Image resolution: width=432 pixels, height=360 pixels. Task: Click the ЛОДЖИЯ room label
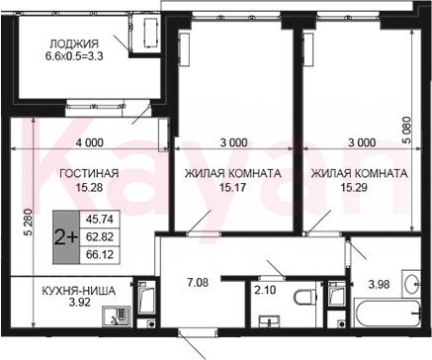coord(74,44)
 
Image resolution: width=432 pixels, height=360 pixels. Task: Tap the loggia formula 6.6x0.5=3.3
coord(74,56)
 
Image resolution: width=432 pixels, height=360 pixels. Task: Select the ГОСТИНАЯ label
coord(89,173)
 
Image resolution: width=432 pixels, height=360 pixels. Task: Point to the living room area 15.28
coord(89,188)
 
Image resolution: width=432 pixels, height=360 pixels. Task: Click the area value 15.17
coord(232,188)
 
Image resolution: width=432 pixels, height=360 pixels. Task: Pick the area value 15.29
coord(354,188)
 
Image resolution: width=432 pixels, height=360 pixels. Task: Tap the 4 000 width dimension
coord(89,142)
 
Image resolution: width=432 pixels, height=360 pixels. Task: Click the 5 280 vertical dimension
coord(30,222)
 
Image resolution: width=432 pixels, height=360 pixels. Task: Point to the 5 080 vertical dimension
coord(407,130)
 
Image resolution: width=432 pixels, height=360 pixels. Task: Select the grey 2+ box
coord(66,237)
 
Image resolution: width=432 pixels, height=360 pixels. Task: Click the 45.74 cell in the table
coord(99,220)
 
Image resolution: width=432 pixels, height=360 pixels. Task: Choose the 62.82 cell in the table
coord(99,236)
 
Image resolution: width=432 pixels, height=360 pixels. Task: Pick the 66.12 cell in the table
coord(99,254)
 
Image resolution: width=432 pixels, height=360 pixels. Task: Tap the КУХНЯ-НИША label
coord(79,291)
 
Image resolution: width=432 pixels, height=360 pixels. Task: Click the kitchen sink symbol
coord(117,316)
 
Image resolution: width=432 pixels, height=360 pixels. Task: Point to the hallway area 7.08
coord(198,283)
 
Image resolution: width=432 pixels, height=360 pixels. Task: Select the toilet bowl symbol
coord(304,297)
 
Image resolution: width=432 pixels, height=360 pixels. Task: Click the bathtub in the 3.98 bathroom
coord(388,313)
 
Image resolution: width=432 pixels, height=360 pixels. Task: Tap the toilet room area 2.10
coord(265,291)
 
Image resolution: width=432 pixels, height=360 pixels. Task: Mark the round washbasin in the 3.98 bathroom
coord(411,283)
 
